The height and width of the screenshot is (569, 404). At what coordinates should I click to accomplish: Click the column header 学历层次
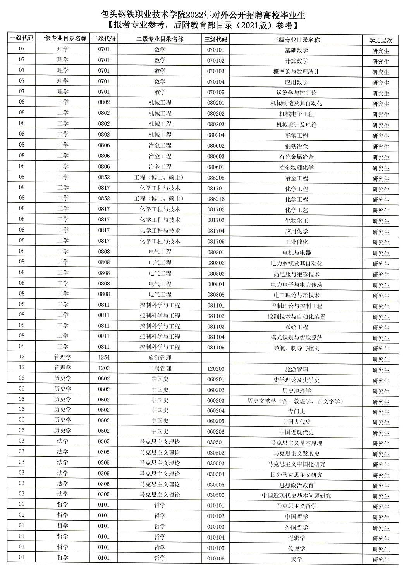380,40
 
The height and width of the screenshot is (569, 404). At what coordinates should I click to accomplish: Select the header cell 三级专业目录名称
296,40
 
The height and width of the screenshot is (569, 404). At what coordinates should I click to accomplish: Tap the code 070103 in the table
216,71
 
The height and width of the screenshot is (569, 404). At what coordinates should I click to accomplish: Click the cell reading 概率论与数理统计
296,72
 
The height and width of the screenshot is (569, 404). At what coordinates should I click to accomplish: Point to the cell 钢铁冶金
296,146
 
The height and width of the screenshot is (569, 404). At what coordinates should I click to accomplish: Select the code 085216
216,199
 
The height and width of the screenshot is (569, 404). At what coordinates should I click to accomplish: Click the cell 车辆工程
296,135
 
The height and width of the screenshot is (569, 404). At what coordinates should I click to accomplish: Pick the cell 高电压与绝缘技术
296,274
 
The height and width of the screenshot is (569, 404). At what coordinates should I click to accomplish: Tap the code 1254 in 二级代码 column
104,357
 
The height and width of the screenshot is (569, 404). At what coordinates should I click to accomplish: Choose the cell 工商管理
160,368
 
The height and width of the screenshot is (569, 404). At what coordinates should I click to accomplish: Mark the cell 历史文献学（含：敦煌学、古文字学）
296,401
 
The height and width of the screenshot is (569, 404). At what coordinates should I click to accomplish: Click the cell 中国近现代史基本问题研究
296,496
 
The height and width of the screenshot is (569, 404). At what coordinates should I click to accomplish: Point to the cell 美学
296,559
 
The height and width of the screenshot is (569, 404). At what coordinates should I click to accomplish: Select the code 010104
216,537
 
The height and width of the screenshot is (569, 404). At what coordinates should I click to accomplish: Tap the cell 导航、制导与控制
296,348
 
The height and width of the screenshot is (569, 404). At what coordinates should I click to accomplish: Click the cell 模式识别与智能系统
296,337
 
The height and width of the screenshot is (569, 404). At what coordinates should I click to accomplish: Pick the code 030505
216,484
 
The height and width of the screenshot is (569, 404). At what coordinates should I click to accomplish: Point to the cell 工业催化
296,242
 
